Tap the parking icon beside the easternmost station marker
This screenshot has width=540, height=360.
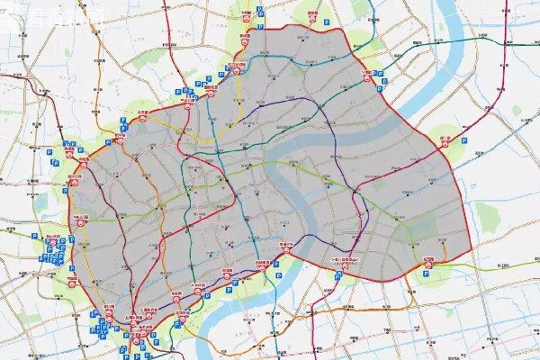[463, 141]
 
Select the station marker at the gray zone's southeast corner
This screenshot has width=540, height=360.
[429, 262]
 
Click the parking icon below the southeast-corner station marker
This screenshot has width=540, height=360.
[429, 275]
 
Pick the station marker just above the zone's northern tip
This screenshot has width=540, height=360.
[311, 17]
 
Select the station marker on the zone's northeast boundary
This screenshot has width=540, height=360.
[367, 76]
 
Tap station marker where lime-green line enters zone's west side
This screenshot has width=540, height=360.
[80, 219]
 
